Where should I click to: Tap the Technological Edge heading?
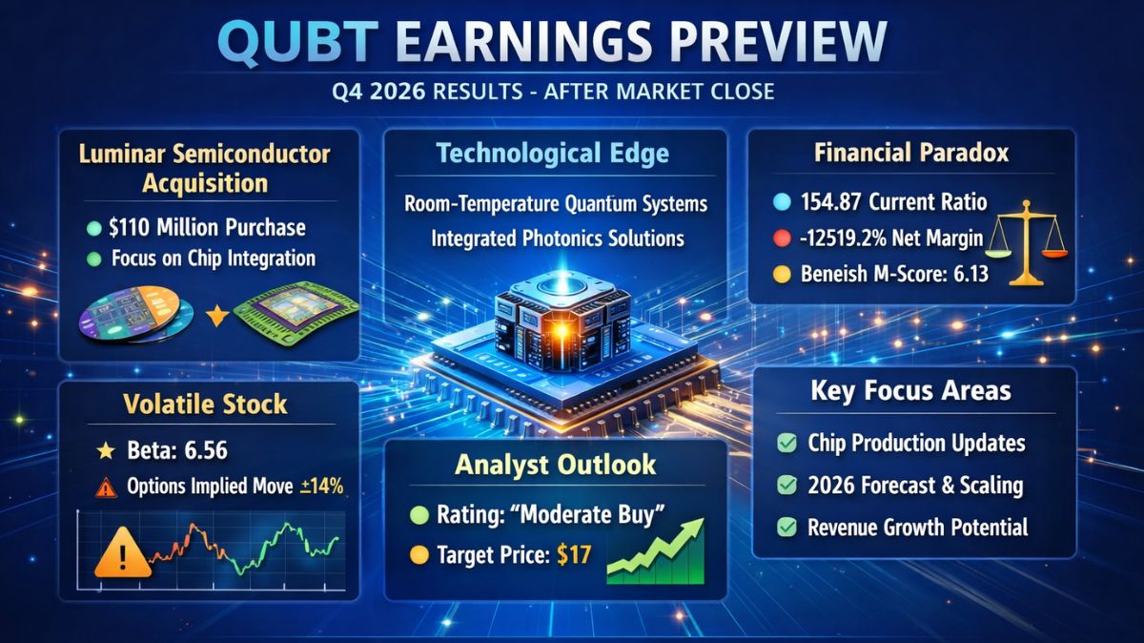554,154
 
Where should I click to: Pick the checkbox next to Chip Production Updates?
787,444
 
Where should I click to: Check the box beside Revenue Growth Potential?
787,527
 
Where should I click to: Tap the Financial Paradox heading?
911,153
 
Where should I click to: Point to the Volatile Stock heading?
205,404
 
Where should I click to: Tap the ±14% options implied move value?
321,486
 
